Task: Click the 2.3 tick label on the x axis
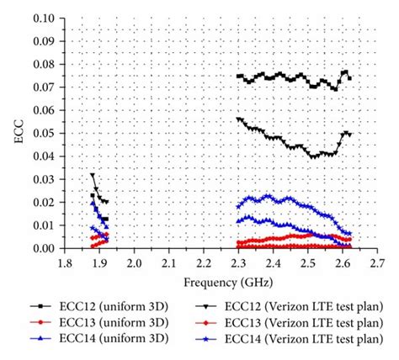pyautogui.click(x=239, y=263)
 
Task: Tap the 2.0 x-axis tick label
pyautogui.click(x=135, y=263)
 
